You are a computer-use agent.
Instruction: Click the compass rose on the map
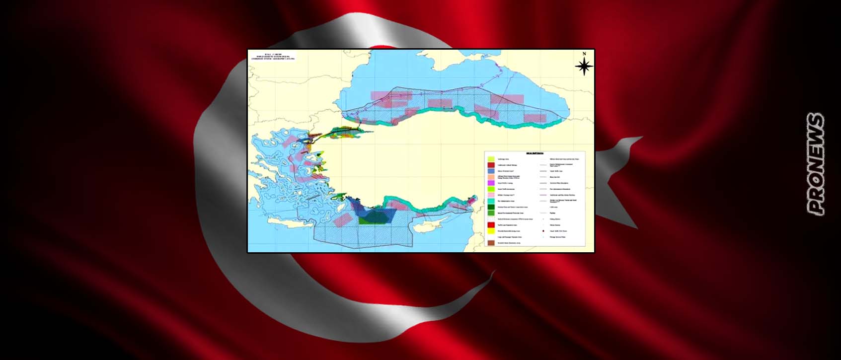click(x=585, y=66)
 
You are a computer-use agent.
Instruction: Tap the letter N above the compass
click(x=585, y=53)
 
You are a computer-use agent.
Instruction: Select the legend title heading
click(x=535, y=153)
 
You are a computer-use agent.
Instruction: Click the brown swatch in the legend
click(x=491, y=243)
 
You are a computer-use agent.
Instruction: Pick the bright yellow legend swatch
click(x=491, y=231)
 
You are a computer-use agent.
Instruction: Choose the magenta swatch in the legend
click(x=491, y=183)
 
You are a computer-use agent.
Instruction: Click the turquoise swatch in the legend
click(x=491, y=201)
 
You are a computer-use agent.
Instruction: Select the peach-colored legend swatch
click(x=491, y=177)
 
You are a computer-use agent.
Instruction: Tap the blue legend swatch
click(x=491, y=171)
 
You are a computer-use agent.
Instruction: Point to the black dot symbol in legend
click(x=543, y=231)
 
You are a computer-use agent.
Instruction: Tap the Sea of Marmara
click(x=348, y=133)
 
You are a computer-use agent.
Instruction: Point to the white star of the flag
click(x=625, y=164)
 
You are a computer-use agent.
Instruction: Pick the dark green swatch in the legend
click(x=491, y=207)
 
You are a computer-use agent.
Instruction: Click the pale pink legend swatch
click(x=491, y=195)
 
